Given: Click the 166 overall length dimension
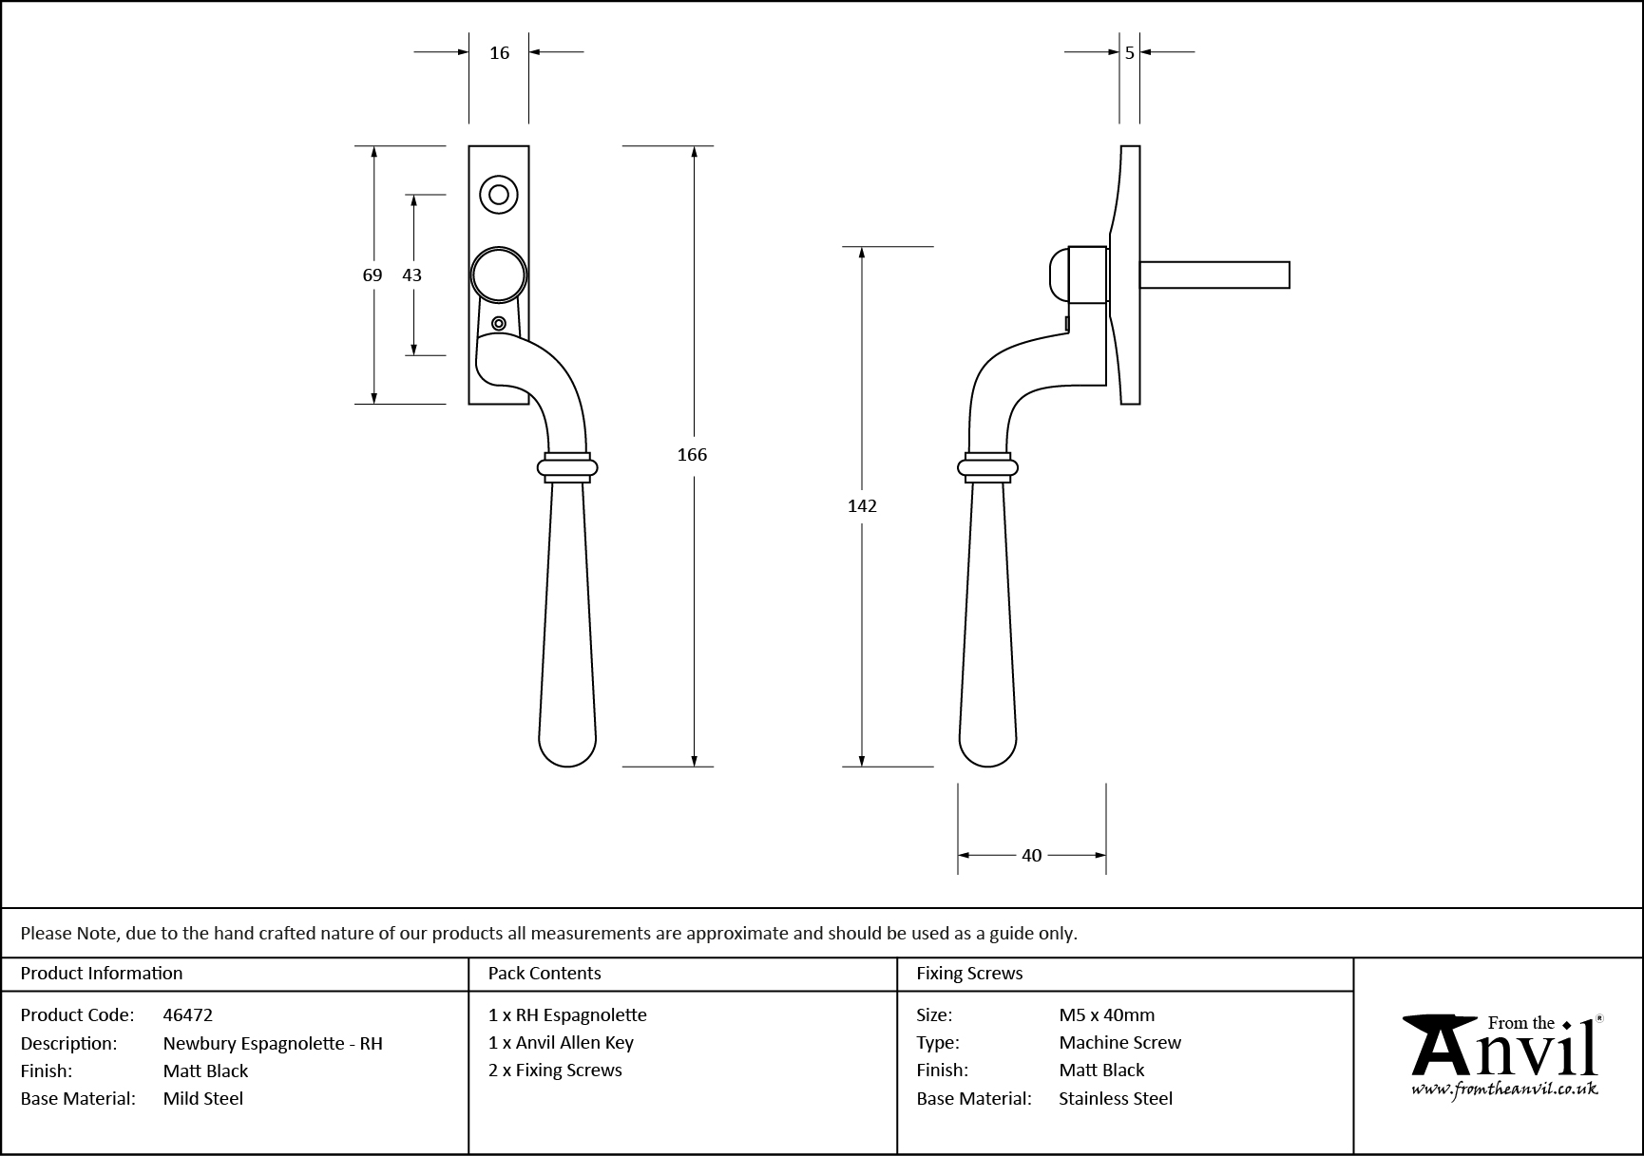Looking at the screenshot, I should pyautogui.click(x=692, y=455).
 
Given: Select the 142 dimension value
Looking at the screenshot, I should pyautogui.click(x=862, y=506).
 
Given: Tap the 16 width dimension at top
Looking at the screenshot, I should pyautogui.click(x=500, y=53).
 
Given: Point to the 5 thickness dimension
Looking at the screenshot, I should pyautogui.click(x=1129, y=53).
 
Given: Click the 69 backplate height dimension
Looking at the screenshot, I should pyautogui.click(x=373, y=275).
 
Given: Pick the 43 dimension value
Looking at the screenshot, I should pyautogui.click(x=411, y=275).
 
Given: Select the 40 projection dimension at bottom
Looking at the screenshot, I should pyautogui.click(x=1032, y=856).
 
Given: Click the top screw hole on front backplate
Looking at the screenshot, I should pyautogui.click(x=499, y=195).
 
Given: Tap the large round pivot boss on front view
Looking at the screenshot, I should pyautogui.click(x=499, y=275).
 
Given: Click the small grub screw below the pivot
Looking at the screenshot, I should pyautogui.click(x=499, y=325).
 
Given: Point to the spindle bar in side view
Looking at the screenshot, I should pyautogui.click(x=1214, y=275).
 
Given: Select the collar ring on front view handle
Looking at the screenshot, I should pyautogui.click(x=567, y=466).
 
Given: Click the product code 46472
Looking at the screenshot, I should pyautogui.click(x=188, y=1015).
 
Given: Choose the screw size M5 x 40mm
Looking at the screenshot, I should pyautogui.click(x=1107, y=1015).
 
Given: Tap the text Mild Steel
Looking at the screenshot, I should pyautogui.click(x=203, y=1099).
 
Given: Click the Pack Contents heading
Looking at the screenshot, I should pyautogui.click(x=545, y=974).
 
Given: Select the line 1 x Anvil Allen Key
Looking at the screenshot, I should pyautogui.click(x=561, y=1043).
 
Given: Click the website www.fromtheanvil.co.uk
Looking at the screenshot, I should pyautogui.click(x=1504, y=1090).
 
